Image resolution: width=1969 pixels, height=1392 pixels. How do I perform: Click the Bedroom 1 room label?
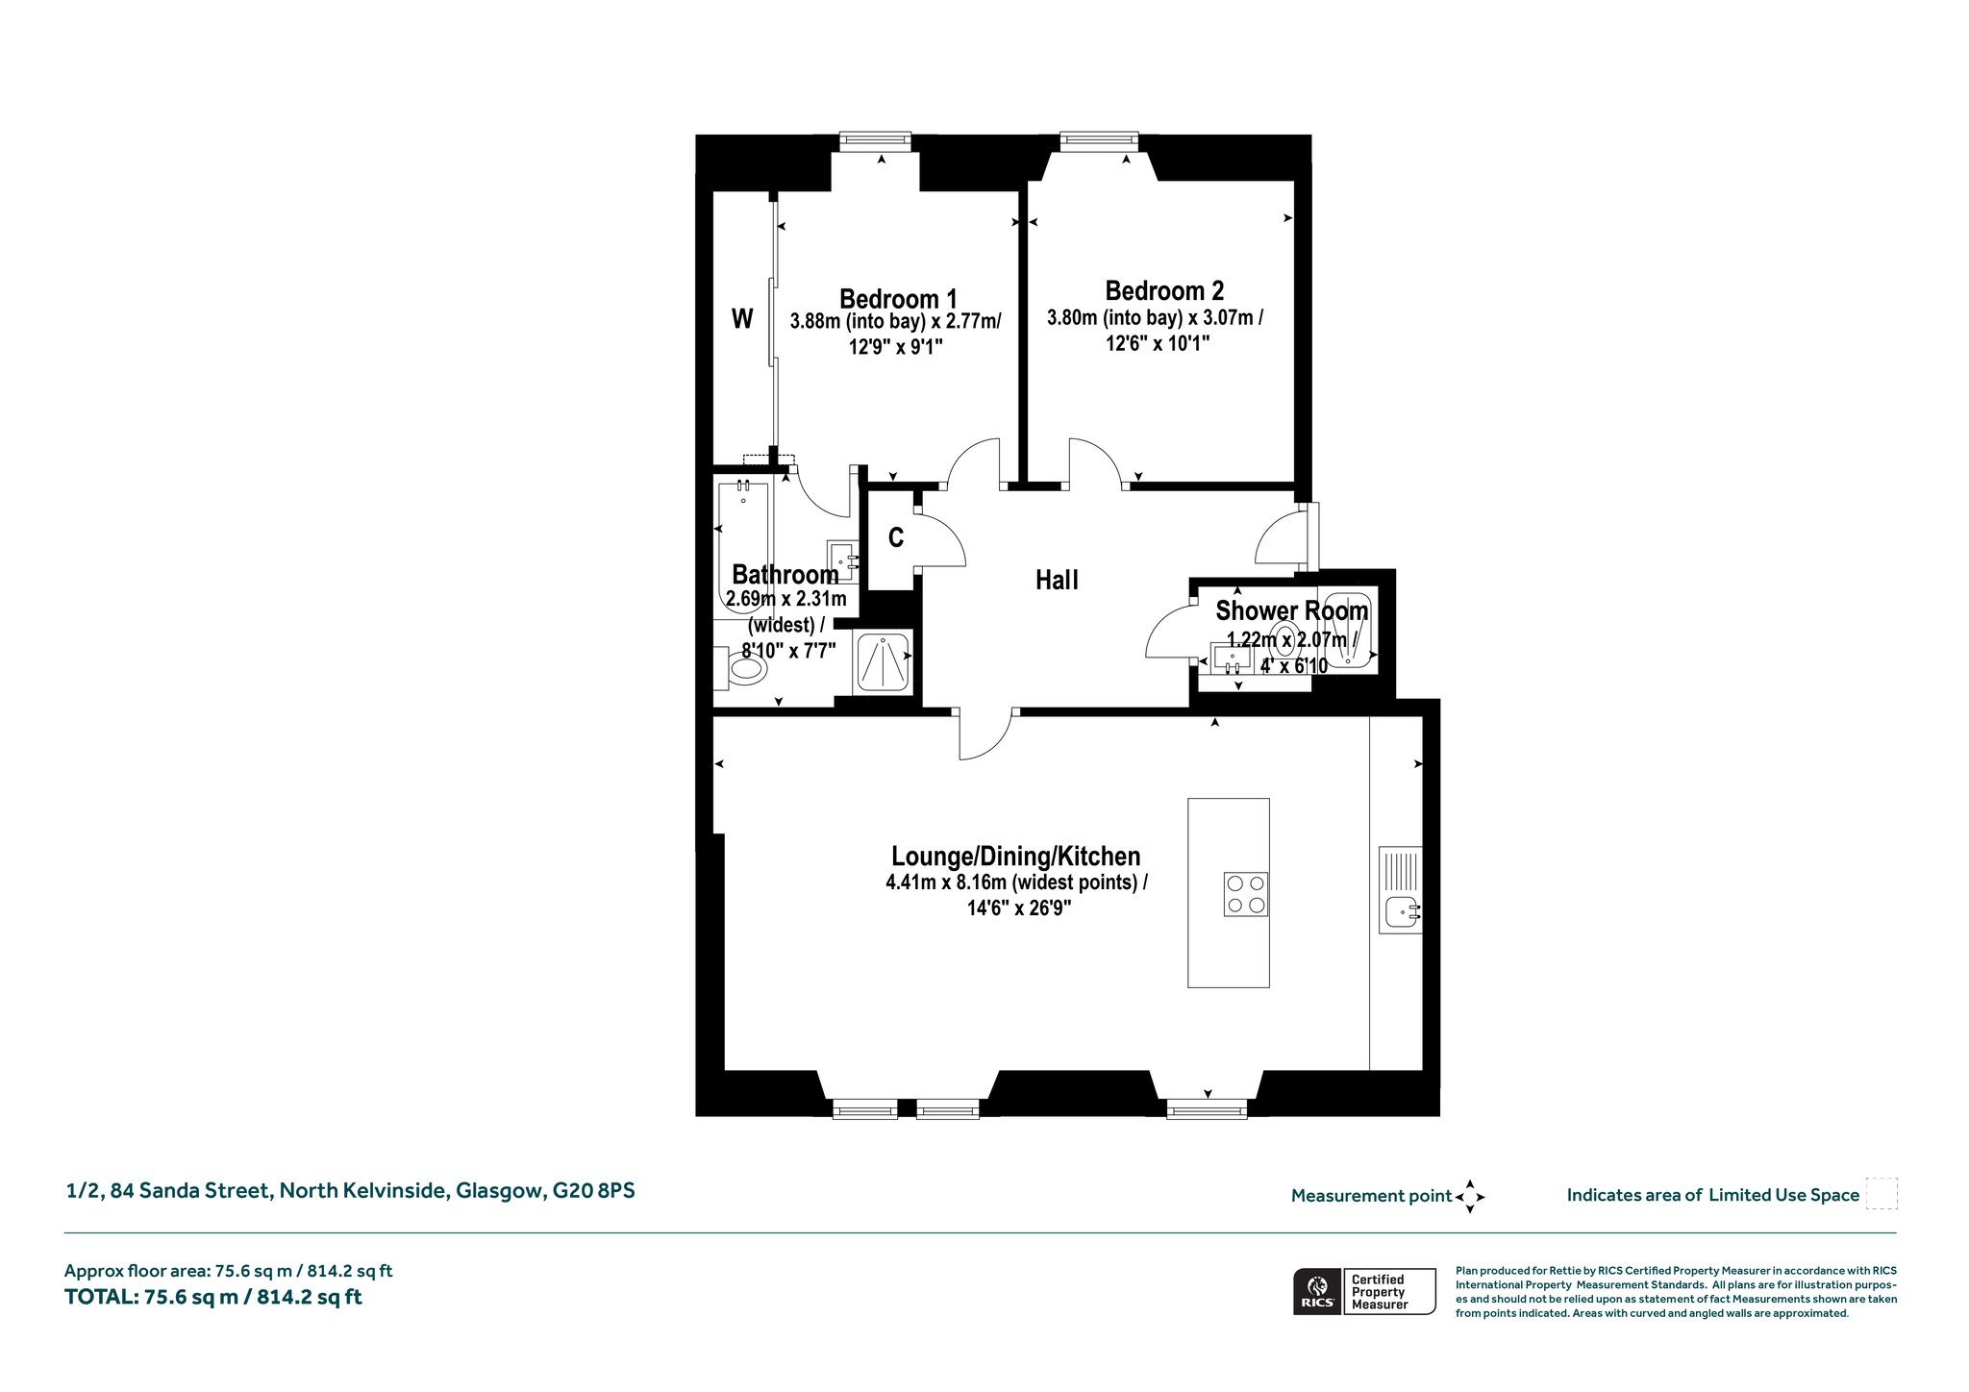pos(898,299)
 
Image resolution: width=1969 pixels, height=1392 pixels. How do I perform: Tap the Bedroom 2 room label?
pos(1164,290)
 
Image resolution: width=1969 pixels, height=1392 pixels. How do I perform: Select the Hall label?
pos(1057,581)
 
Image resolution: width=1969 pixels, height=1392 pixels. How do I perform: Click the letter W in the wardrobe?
pos(742,318)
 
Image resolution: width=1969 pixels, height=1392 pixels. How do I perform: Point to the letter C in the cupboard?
pos(896,537)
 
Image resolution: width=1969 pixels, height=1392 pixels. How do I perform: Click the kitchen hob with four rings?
pos(1245,894)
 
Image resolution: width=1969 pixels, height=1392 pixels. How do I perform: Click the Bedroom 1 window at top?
pos(875,141)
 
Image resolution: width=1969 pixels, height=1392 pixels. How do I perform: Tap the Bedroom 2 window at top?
pos(1099,141)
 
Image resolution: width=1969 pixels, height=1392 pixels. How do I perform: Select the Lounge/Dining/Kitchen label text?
pos(1016,857)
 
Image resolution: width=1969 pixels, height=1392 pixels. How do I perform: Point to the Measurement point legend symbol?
pos(1470,1197)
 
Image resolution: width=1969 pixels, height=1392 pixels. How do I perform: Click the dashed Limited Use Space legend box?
pos(1882,1194)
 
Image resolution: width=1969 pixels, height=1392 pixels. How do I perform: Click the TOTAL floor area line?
pos(213,1297)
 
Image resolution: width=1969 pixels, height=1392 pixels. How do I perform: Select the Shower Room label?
pos(1292,610)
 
